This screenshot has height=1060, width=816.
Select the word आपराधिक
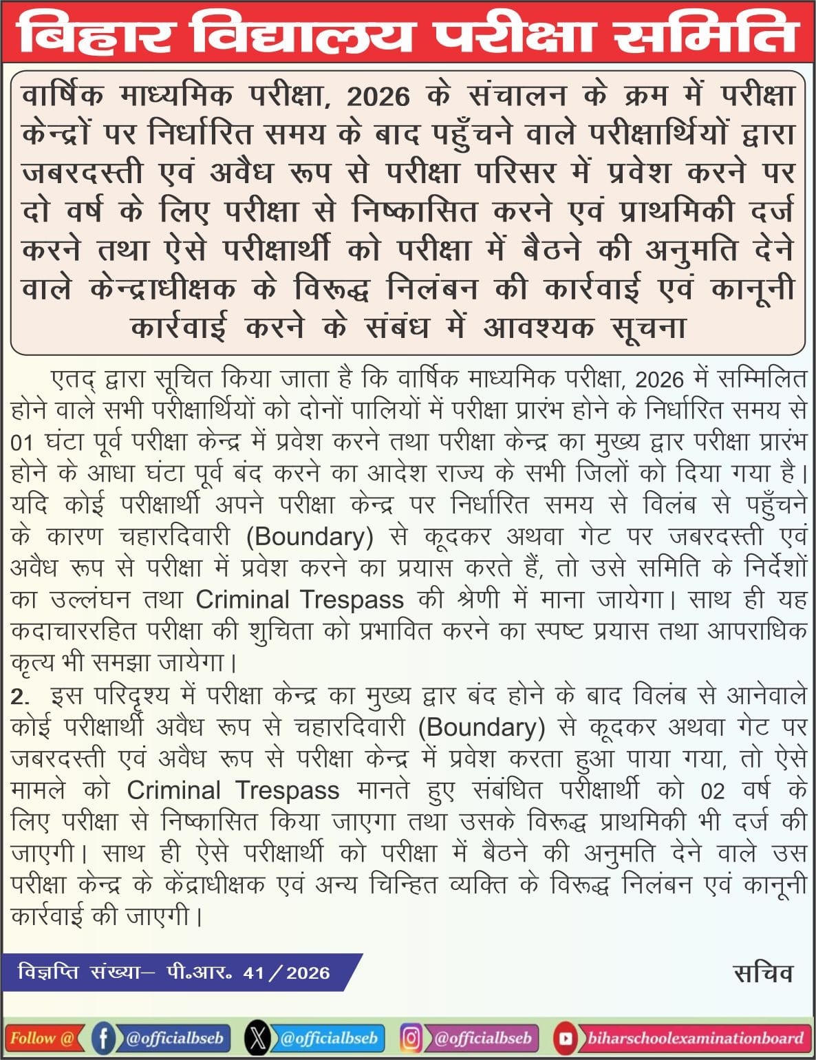(x=757, y=631)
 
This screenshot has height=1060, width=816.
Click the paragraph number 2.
(x=20, y=697)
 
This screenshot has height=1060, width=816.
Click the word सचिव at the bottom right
(x=763, y=973)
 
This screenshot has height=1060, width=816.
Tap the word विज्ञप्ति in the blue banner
(x=48, y=973)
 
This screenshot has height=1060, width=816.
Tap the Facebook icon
(x=103, y=1038)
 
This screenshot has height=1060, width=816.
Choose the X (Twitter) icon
(x=257, y=1038)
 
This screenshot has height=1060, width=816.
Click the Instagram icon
(x=411, y=1038)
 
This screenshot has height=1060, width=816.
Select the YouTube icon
(x=565, y=1038)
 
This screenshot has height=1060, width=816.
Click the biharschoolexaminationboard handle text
(x=695, y=1038)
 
